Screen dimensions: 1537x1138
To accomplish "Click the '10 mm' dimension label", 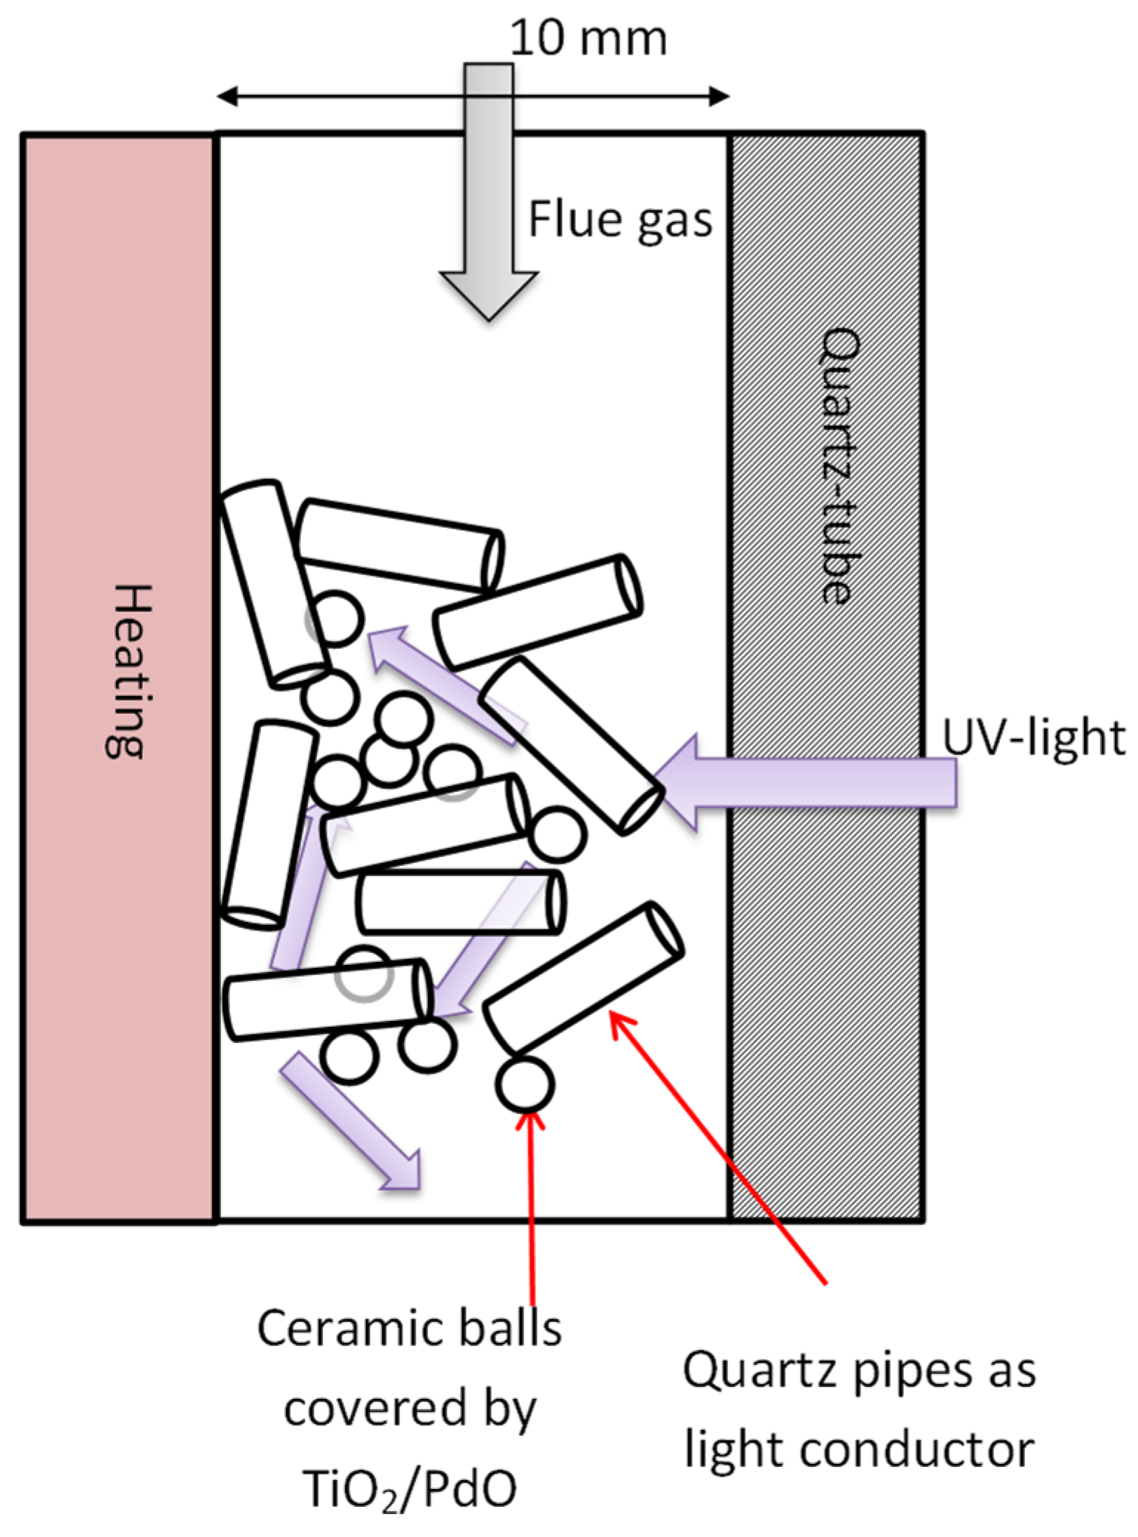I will tap(588, 38).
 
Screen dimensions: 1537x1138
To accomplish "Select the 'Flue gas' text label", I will tap(620, 220).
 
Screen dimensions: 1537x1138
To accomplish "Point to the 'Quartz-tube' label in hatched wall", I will tap(840, 466).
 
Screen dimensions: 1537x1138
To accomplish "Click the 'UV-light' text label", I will tap(1034, 737).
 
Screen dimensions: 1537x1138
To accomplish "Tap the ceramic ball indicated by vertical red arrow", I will tap(524, 1084).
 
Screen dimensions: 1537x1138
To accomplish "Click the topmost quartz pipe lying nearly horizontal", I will tap(399, 546).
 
